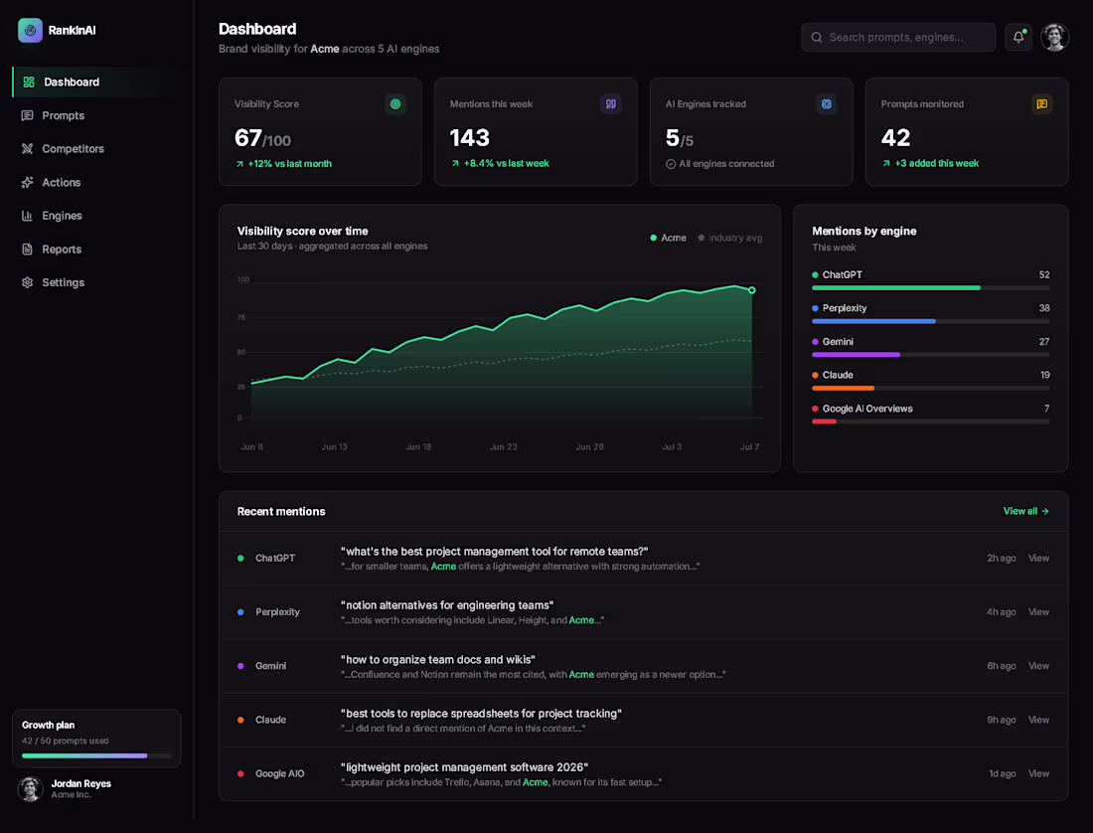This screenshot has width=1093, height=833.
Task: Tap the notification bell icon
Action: (x=1018, y=37)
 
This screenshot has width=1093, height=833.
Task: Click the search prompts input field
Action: (x=898, y=37)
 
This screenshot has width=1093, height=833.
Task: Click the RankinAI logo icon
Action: (x=30, y=30)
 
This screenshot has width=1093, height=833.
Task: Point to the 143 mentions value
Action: (x=470, y=138)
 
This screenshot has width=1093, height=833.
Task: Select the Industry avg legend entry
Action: (x=730, y=238)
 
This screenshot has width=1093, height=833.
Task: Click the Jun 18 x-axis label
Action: (x=418, y=447)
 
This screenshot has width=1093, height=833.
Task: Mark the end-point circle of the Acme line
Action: (x=751, y=290)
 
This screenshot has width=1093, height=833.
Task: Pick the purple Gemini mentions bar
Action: (x=856, y=355)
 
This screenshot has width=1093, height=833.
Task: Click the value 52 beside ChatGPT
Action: (x=1043, y=274)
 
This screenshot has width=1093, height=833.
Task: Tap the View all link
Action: (x=1025, y=511)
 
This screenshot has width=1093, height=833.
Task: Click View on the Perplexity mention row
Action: (x=1038, y=612)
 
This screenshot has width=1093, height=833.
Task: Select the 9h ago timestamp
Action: (x=1001, y=720)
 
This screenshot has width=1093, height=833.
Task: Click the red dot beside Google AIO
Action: (x=240, y=773)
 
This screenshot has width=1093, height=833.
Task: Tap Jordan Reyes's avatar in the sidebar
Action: (x=30, y=788)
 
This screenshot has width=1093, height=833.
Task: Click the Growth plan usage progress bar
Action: (x=96, y=755)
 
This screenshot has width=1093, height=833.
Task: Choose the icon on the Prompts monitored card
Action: (x=1041, y=103)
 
